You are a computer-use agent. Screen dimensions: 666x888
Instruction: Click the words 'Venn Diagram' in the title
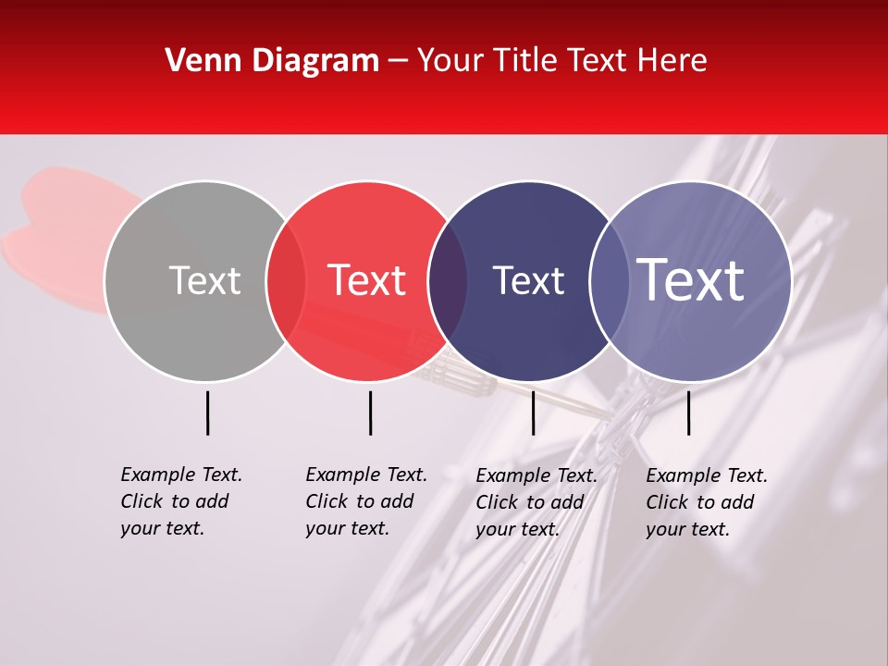272,61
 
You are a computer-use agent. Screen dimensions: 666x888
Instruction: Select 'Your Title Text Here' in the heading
561,61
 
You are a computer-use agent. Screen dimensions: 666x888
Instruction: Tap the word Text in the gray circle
204,280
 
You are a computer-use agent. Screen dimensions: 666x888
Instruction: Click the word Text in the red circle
367,280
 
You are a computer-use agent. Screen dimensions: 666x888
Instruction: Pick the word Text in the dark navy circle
528,280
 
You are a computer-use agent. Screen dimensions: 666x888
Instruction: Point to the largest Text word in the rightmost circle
691,280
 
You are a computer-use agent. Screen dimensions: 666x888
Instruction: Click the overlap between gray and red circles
286,280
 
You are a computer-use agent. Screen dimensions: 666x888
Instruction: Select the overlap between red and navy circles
448,280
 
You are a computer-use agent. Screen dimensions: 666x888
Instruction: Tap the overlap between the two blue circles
610,280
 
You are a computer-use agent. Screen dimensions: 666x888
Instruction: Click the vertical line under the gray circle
208,413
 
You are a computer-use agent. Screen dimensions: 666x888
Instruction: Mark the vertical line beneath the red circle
370,413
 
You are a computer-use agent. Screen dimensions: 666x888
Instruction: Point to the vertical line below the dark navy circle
533,413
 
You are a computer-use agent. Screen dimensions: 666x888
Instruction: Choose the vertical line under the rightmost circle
689,413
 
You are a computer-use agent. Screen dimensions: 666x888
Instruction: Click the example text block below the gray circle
180,501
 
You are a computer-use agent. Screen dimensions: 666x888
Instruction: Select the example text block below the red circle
365,501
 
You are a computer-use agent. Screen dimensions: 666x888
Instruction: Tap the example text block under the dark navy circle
536,502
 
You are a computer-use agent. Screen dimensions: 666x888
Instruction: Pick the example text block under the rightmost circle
706,502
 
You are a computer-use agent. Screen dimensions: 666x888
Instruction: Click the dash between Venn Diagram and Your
398,61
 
